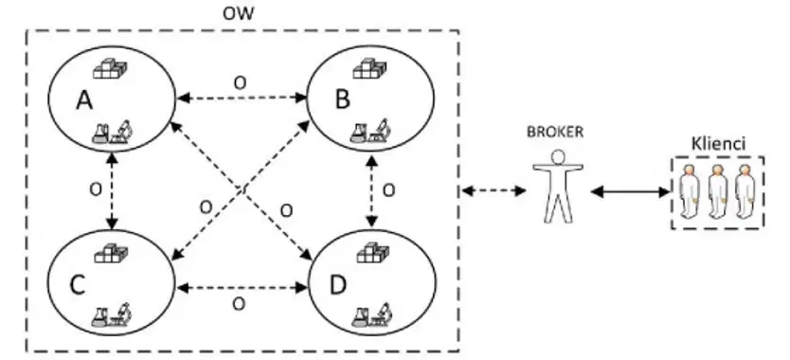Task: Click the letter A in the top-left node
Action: pyautogui.click(x=84, y=99)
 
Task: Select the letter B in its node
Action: pyautogui.click(x=343, y=99)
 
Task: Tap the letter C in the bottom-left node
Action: pyautogui.click(x=77, y=285)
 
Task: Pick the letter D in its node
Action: pyautogui.click(x=338, y=285)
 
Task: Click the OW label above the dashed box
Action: pyautogui.click(x=239, y=13)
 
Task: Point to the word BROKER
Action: pyautogui.click(x=555, y=132)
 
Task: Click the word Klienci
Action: pyautogui.click(x=718, y=144)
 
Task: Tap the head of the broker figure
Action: pyautogui.click(x=558, y=157)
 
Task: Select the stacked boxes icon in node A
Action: pyautogui.click(x=110, y=69)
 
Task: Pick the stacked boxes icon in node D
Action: pyautogui.click(x=373, y=253)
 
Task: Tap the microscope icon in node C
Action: pyautogui.click(x=121, y=314)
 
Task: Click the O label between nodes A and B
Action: pyautogui.click(x=241, y=83)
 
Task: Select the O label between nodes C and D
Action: pyautogui.click(x=239, y=303)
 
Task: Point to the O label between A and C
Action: pyautogui.click(x=96, y=189)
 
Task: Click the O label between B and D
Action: pyautogui.click(x=388, y=190)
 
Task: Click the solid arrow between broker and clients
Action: pyautogui.click(x=630, y=191)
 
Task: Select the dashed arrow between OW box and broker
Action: pyautogui.click(x=494, y=190)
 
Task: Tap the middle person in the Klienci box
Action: pyautogui.click(x=717, y=191)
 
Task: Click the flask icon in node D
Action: pyautogui.click(x=361, y=316)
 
